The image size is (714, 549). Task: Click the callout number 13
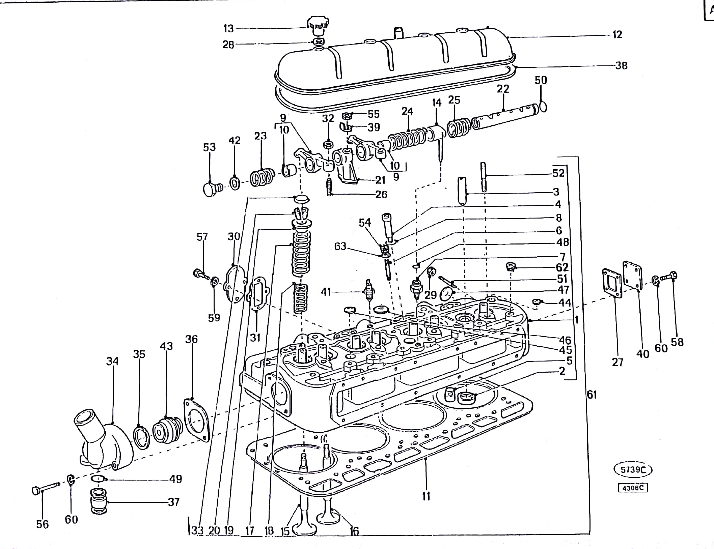[228, 29]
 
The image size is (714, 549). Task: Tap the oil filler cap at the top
[317, 26]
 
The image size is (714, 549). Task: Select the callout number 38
[621, 65]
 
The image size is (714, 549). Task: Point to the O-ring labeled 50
[543, 106]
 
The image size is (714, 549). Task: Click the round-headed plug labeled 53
[211, 189]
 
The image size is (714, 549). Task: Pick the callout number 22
[503, 89]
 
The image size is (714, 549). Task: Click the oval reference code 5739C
[632, 469]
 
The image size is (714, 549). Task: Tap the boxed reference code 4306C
[633, 488]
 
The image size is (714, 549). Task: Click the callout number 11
[426, 496]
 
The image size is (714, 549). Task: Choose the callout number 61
[592, 395]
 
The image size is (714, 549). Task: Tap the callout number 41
[326, 292]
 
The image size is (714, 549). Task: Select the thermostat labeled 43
[167, 430]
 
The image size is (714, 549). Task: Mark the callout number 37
[174, 502]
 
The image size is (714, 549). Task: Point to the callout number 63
[340, 247]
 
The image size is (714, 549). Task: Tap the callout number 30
[234, 237]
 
